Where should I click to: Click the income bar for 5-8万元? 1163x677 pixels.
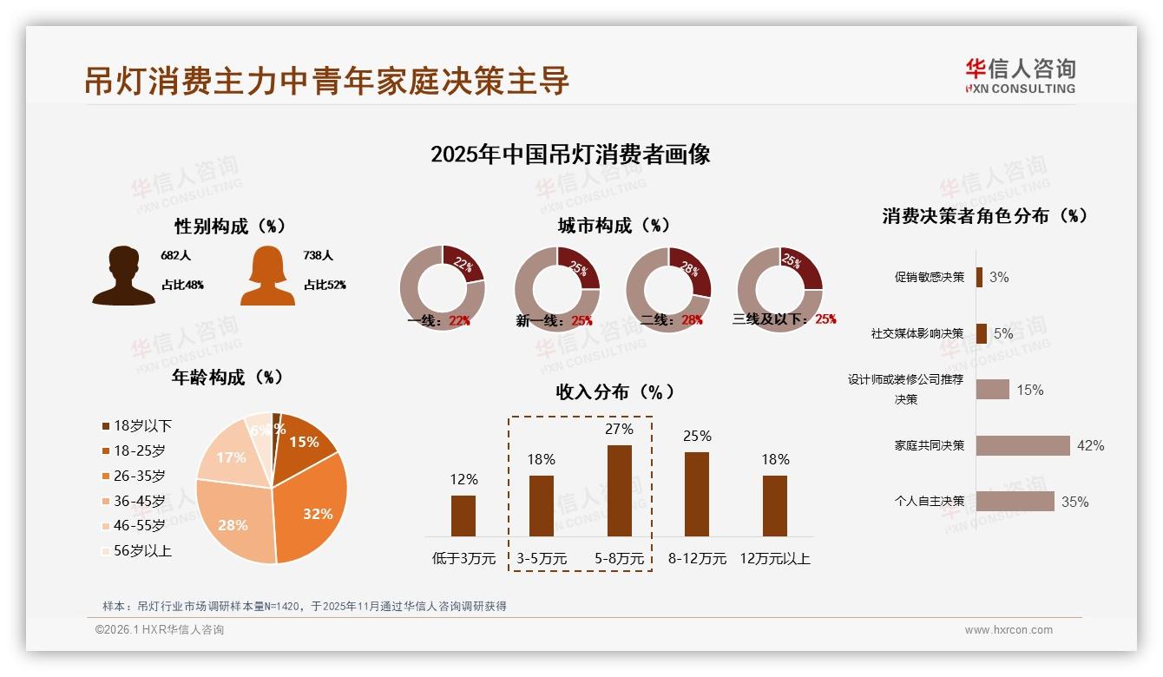(x=619, y=490)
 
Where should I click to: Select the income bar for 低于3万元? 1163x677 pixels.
(x=463, y=516)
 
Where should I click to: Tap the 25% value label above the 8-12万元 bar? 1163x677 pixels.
(x=697, y=436)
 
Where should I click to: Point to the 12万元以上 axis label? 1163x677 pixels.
(x=774, y=559)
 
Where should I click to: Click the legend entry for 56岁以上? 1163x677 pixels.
(x=136, y=550)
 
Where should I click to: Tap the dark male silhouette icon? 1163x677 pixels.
(x=123, y=275)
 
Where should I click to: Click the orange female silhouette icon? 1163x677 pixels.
(x=267, y=275)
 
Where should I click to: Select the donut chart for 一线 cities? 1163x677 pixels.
(x=442, y=288)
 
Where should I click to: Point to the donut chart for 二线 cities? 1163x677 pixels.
(x=668, y=288)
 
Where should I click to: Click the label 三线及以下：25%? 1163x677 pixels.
(x=784, y=319)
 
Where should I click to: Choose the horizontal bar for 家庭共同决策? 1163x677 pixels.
(x=1022, y=445)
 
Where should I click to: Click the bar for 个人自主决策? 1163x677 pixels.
(x=1015, y=502)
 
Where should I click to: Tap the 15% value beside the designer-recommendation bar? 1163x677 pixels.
(x=1029, y=390)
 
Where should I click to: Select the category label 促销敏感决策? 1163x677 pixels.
(x=929, y=277)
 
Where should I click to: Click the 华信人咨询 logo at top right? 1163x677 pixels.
(x=1020, y=76)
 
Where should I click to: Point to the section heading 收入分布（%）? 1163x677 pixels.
(x=614, y=391)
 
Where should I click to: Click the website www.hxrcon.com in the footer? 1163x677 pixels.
(x=1009, y=630)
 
